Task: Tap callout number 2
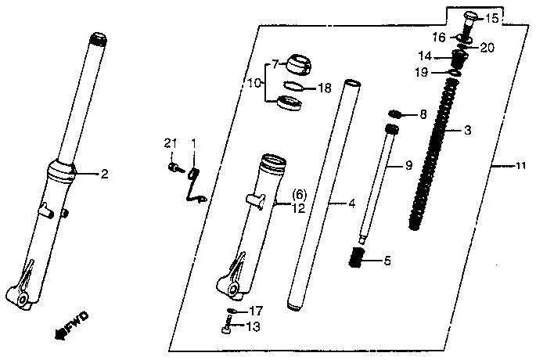coord(104,174)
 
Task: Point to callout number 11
coord(521,166)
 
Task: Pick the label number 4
coord(352,203)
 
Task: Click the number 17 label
coord(255,311)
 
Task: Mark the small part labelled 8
coord(395,114)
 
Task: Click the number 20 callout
coord(487,48)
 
